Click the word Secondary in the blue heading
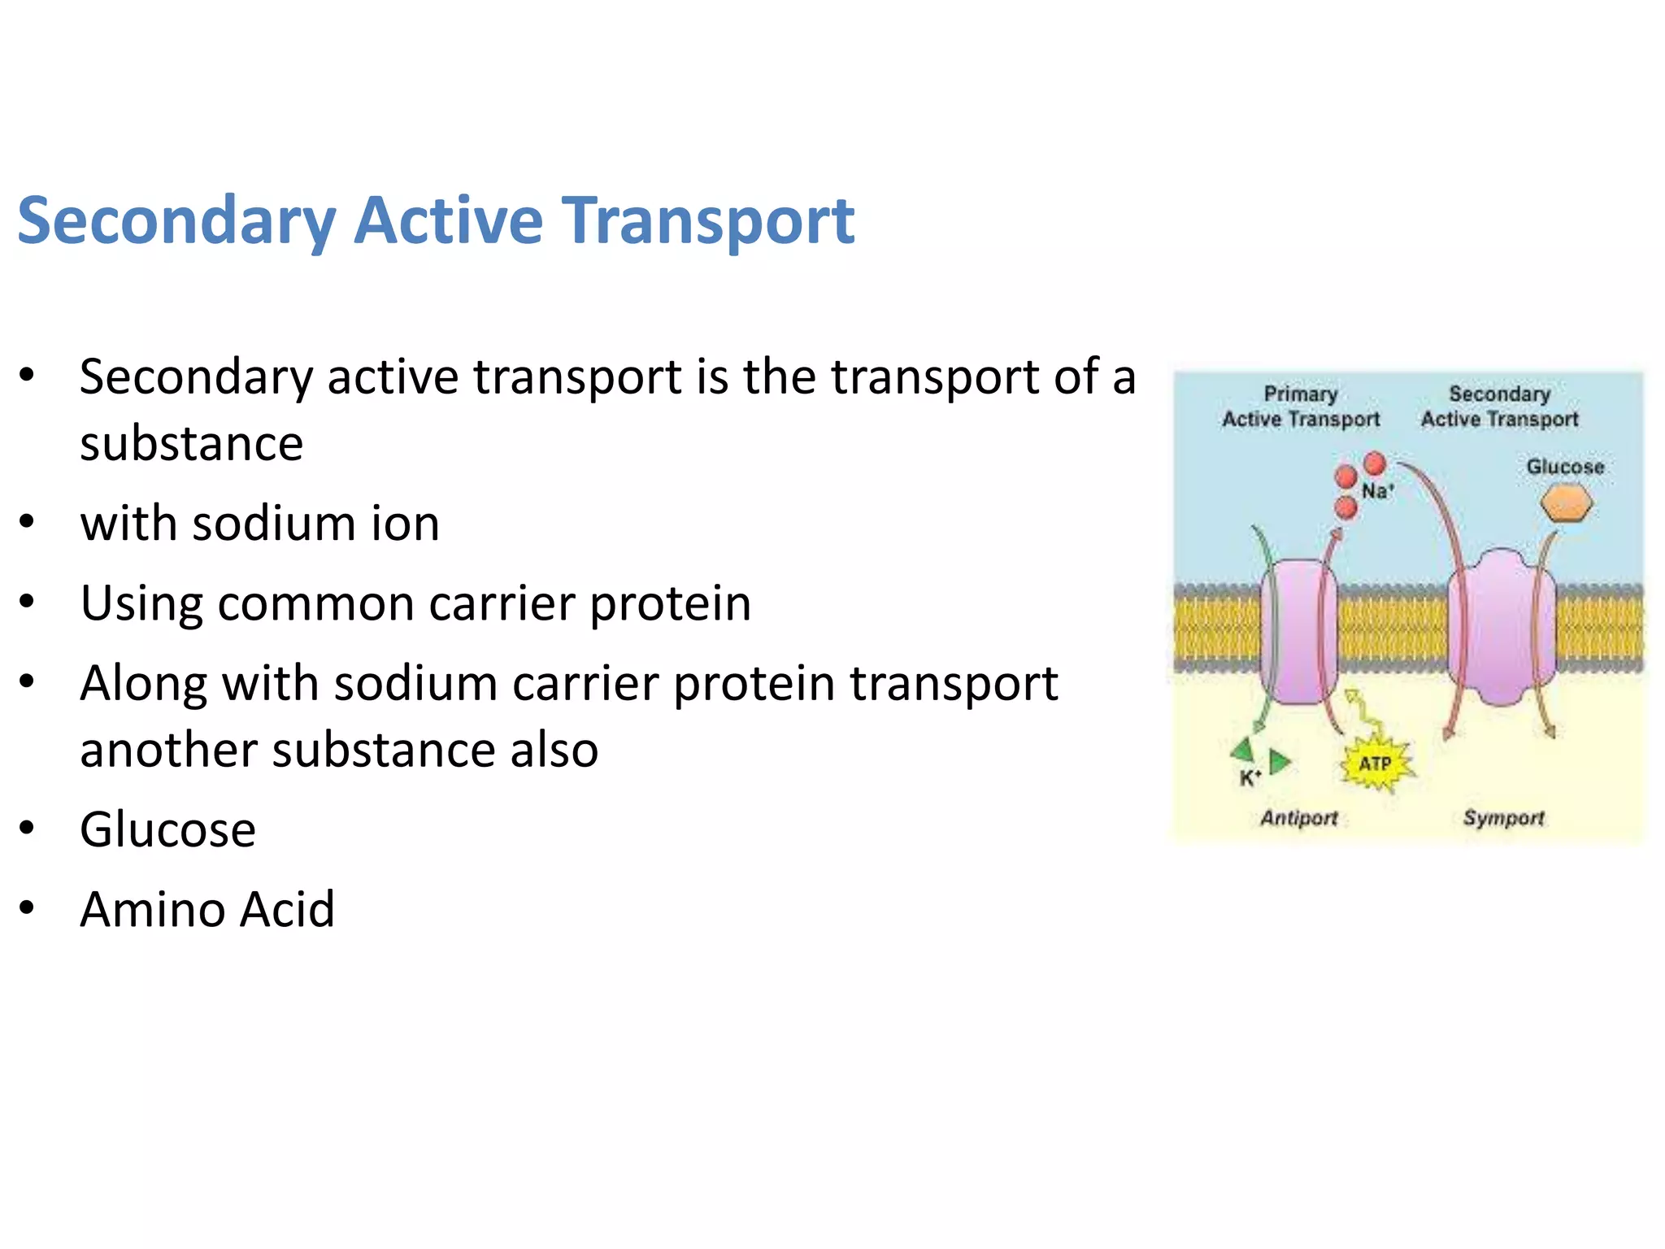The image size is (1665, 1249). [176, 220]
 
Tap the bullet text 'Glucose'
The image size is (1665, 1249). [167, 829]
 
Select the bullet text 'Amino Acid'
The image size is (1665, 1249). [207, 909]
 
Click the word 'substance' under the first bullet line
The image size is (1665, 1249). [191, 444]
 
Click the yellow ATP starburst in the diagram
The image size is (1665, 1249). [1376, 764]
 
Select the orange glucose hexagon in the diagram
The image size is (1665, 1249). [1566, 503]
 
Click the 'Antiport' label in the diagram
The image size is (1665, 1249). [1299, 817]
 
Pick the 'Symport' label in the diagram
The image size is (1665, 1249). [1503, 817]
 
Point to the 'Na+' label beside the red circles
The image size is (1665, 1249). [1377, 491]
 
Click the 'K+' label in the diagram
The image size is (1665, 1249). [1250, 778]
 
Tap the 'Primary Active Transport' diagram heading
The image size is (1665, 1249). [1301, 407]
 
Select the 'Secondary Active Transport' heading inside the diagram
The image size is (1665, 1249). [1499, 407]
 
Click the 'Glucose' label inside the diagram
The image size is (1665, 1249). [1565, 467]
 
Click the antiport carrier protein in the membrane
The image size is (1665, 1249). [1298, 631]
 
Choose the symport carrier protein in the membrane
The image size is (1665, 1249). [1501, 628]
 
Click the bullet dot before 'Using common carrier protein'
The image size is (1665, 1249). [28, 602]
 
